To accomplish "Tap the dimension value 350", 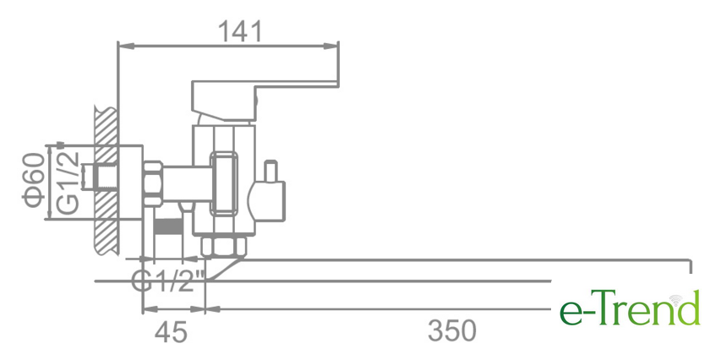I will click(452, 331).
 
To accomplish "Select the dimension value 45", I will click(172, 331).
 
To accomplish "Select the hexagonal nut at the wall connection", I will click(153, 183).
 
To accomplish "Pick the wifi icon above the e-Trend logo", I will click(676, 297).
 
